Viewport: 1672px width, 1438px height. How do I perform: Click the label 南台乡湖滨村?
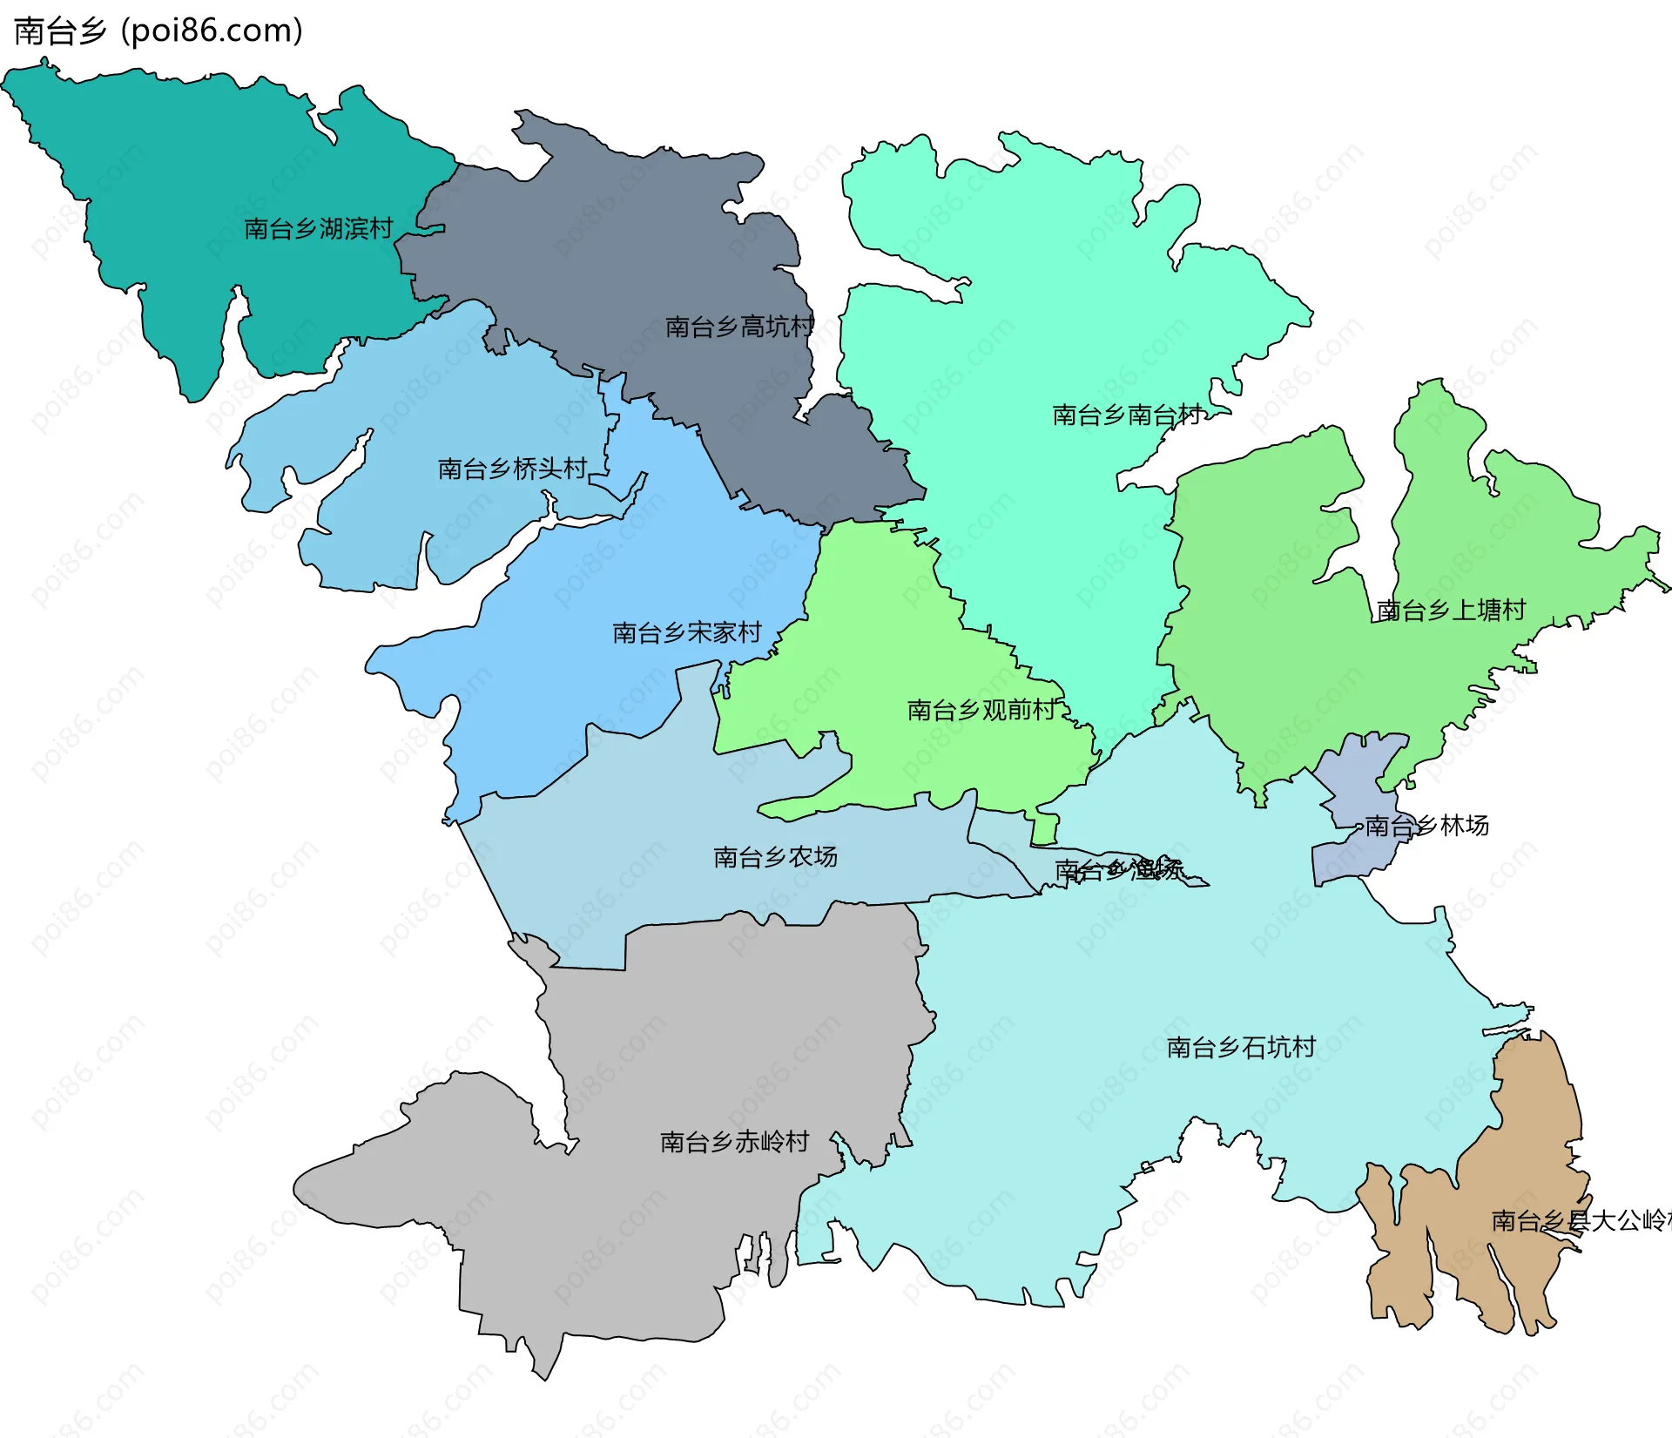click(x=318, y=229)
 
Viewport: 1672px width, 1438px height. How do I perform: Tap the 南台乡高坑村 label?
click(x=739, y=327)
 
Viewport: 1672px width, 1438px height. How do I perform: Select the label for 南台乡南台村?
click(x=1127, y=415)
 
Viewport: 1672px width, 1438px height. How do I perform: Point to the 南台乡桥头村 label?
click(x=512, y=469)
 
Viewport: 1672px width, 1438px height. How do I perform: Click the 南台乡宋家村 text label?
click(x=687, y=633)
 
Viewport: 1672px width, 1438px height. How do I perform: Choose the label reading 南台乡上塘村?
click(x=1451, y=611)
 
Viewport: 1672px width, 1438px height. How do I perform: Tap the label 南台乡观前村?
click(x=981, y=711)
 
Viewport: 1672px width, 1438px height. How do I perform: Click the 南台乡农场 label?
click(x=775, y=858)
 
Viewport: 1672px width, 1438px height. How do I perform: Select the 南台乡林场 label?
click(x=1426, y=826)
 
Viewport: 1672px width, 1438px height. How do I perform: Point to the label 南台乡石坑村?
click(x=1241, y=1048)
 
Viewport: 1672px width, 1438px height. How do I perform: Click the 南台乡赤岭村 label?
click(x=734, y=1142)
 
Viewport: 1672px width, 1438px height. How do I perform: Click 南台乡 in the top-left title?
click(x=60, y=31)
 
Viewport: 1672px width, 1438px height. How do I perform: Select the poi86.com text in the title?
click(x=212, y=31)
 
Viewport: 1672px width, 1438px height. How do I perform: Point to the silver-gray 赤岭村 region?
click(x=697, y=1045)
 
